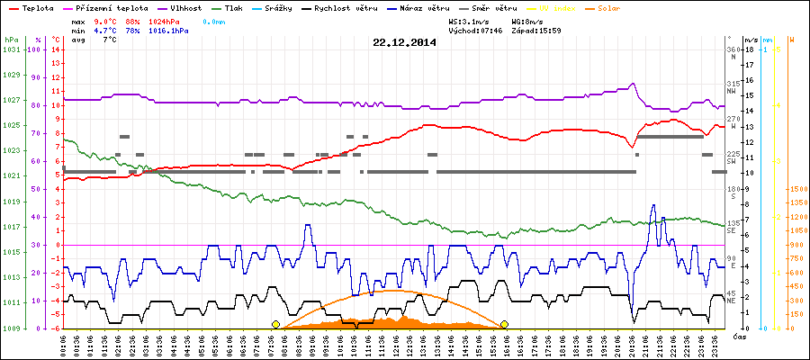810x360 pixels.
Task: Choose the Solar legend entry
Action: coord(621,7)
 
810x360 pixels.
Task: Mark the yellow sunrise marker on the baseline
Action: coord(275,324)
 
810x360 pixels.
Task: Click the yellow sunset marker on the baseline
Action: coord(505,324)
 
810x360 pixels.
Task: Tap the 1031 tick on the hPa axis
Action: coord(11,49)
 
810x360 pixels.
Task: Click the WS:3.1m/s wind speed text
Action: coord(474,20)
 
